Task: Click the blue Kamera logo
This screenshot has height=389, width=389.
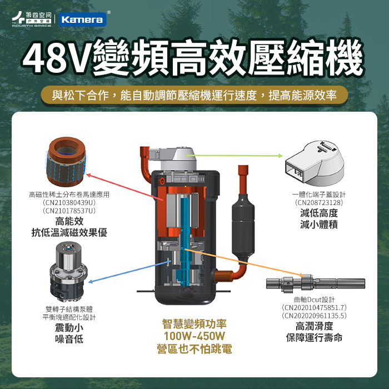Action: coord(82,19)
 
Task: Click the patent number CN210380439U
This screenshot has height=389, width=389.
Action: coord(69,203)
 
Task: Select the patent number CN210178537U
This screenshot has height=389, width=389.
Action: coord(69,211)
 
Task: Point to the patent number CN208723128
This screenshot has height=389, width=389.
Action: coord(319,203)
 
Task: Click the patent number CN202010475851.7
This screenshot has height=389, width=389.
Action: coord(314,308)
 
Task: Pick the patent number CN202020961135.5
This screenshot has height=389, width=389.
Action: coord(314,316)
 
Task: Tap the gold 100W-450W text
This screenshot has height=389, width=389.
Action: coord(194,336)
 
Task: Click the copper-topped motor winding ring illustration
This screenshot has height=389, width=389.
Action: coord(66,162)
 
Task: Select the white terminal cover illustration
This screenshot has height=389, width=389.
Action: coord(315,163)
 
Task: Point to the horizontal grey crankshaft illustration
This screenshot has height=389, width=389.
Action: coord(316,283)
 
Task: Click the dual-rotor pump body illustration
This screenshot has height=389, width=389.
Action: coord(68,271)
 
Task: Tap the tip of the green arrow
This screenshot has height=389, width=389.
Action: coord(282,156)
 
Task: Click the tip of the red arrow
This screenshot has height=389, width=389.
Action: coord(86,174)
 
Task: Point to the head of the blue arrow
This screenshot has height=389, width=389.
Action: coord(88,282)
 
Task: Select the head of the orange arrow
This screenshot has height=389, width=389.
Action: coord(303,276)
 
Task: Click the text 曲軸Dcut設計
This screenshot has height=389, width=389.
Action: coord(314,300)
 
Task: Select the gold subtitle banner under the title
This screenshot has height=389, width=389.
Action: coord(194,95)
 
